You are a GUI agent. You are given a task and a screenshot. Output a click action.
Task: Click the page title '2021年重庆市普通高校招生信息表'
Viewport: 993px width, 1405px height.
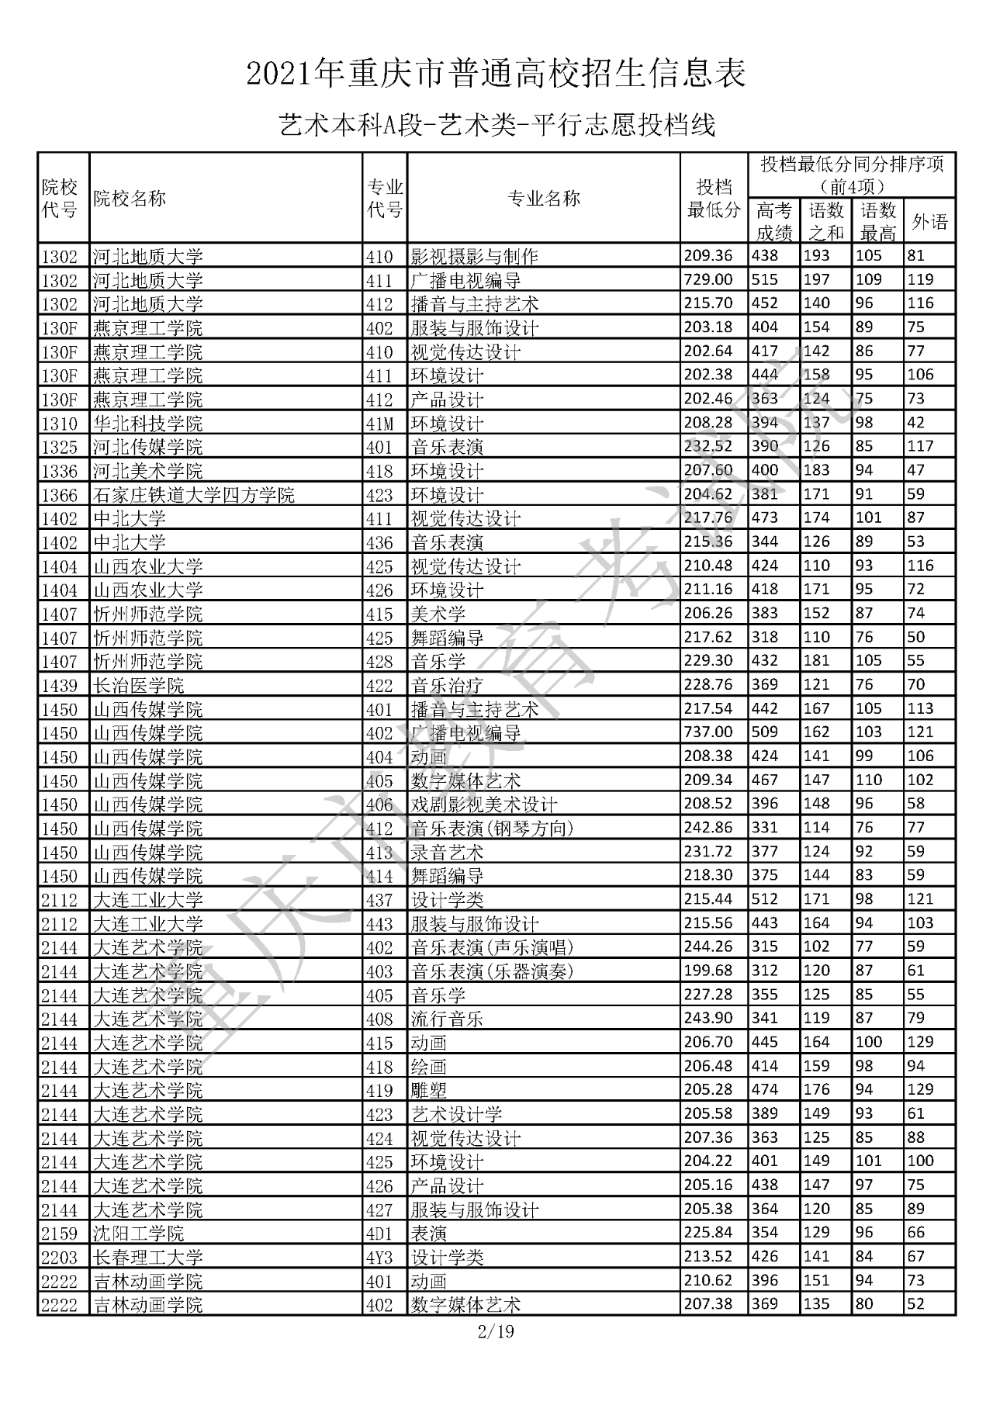(496, 74)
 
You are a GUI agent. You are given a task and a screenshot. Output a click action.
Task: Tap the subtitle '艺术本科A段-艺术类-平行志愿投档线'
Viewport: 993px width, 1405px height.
(496, 124)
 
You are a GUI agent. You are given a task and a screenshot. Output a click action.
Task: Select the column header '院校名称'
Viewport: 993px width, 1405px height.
(130, 199)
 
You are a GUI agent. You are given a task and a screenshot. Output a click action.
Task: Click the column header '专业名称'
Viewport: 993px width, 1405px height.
(543, 199)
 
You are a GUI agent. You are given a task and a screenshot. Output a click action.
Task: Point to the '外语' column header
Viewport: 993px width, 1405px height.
(929, 223)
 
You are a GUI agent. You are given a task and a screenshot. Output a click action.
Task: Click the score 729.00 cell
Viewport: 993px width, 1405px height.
(708, 279)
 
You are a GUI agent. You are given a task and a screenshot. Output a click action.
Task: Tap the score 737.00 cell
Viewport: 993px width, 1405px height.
(708, 732)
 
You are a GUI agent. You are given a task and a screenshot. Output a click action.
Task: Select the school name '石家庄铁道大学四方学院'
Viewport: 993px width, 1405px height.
(194, 494)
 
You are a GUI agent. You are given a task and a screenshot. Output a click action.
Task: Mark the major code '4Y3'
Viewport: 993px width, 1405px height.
(380, 1258)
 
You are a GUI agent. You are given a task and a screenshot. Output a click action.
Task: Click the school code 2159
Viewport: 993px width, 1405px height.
(61, 1234)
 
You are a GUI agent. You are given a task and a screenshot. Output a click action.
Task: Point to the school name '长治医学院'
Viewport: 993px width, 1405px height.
(139, 685)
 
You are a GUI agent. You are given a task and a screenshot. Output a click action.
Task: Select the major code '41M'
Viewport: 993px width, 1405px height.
(380, 424)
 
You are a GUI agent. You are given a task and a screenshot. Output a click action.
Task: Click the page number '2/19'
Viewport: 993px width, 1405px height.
(496, 1333)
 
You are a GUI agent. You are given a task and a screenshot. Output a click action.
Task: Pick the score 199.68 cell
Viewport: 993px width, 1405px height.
(708, 971)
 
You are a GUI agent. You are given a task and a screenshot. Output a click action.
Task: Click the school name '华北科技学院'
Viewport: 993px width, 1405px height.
(148, 424)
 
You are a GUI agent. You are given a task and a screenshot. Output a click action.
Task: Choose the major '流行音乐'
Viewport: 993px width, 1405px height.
(448, 1019)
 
